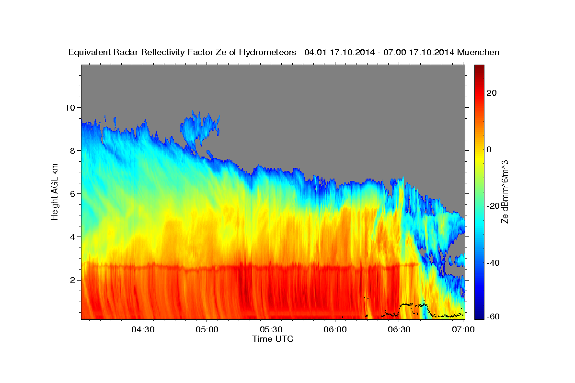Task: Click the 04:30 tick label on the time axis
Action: point(143,330)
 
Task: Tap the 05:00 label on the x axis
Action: point(207,330)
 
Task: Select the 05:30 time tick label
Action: point(271,330)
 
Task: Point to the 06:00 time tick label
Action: point(335,330)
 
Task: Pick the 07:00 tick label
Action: point(463,330)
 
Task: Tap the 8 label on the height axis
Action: point(73,150)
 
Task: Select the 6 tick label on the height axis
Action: point(73,193)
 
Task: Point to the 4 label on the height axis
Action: point(73,237)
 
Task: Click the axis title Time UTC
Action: point(273,339)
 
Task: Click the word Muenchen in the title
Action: point(478,52)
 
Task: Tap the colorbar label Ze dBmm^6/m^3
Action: point(505,191)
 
